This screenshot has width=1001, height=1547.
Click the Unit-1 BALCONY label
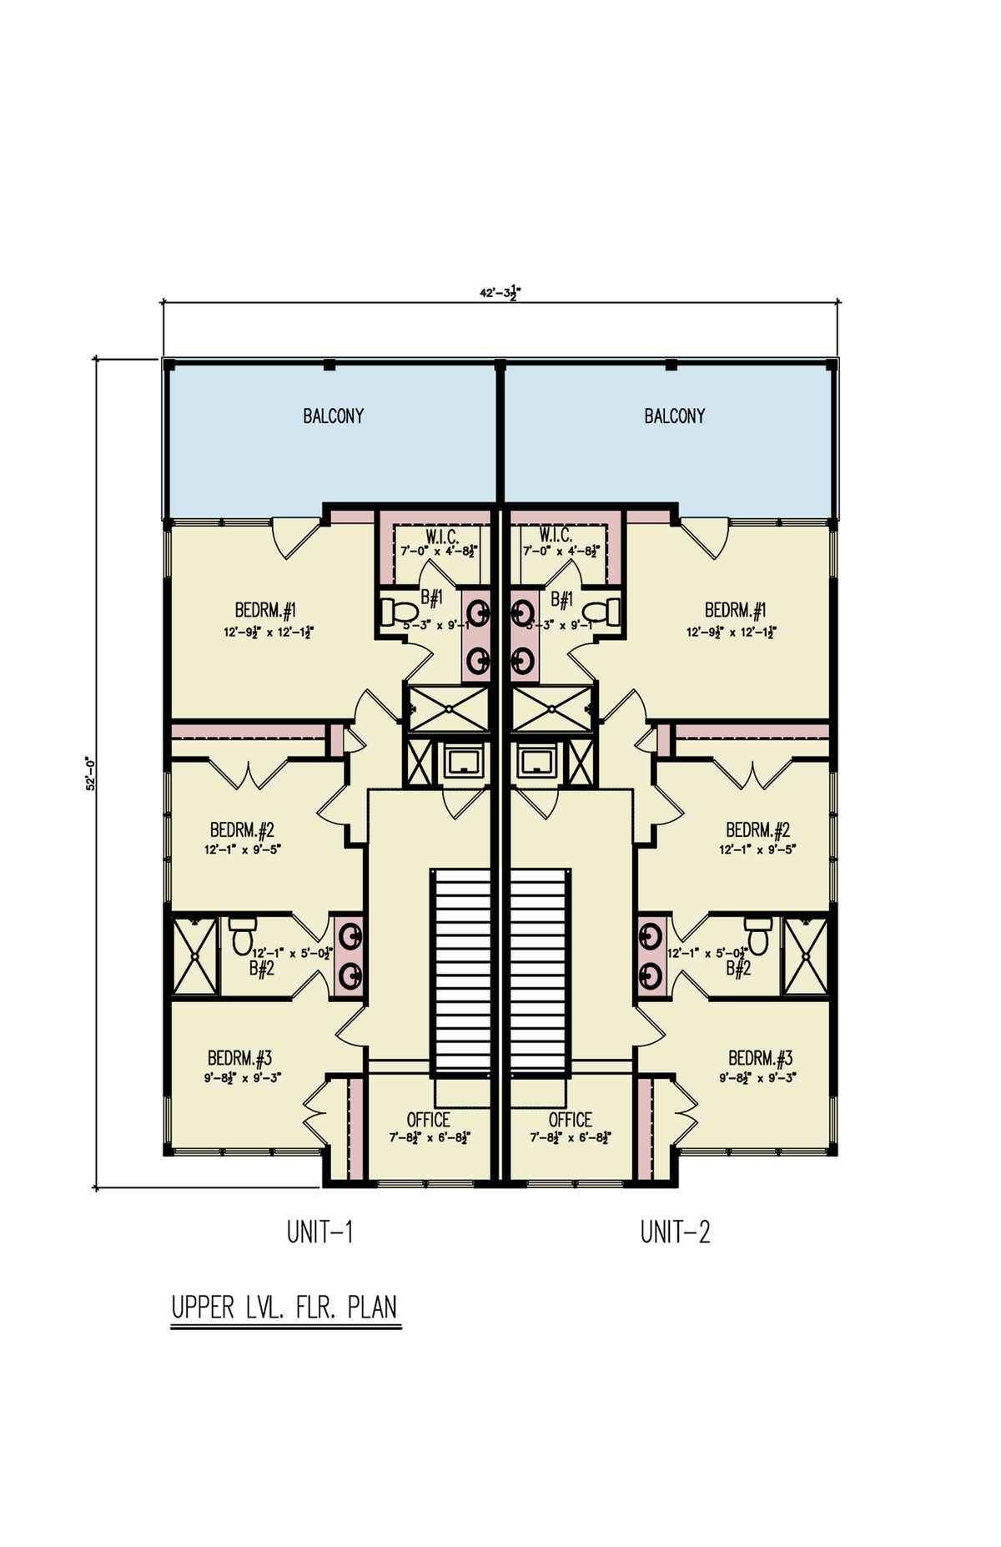pyautogui.click(x=333, y=416)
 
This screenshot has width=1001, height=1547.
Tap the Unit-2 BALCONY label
pyautogui.click(x=674, y=416)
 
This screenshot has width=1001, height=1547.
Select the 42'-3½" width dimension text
pyautogui.click(x=500, y=293)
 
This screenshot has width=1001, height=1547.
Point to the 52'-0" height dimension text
pyautogui.click(x=91, y=773)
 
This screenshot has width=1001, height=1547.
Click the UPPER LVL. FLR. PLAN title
pyautogui.click(x=284, y=1308)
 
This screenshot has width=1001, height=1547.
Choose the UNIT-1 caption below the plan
pyautogui.click(x=319, y=1232)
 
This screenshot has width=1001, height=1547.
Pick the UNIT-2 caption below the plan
pyautogui.click(x=675, y=1232)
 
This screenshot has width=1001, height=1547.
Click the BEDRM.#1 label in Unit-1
pyautogui.click(x=266, y=610)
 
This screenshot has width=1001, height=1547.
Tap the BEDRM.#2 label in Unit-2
pyautogui.click(x=757, y=830)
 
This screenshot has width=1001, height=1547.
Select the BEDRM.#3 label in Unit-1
pyautogui.click(x=240, y=1059)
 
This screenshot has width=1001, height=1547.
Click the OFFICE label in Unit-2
pyautogui.click(x=571, y=1120)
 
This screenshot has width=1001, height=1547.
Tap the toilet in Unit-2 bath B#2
pyautogui.click(x=757, y=936)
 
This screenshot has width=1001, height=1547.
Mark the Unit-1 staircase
pyautogui.click(x=460, y=972)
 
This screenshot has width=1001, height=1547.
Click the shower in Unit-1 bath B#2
pyautogui.click(x=194, y=956)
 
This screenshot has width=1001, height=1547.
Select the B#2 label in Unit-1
pyautogui.click(x=262, y=969)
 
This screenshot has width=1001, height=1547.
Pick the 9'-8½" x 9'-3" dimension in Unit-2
pyautogui.click(x=757, y=1077)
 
